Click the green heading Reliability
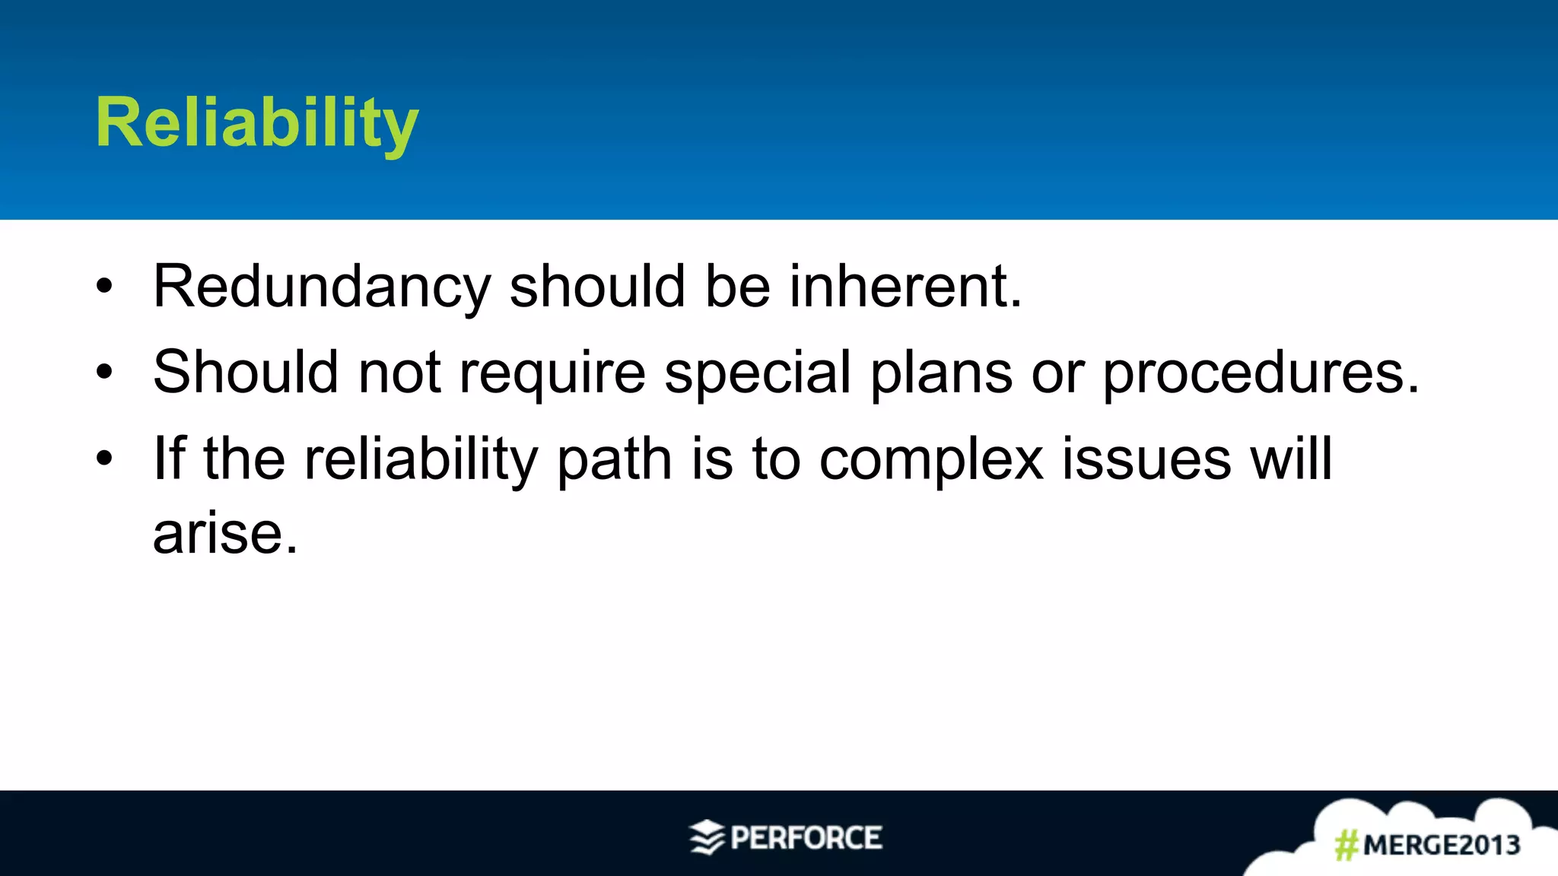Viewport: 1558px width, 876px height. click(256, 123)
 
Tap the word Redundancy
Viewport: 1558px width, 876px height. click(322, 287)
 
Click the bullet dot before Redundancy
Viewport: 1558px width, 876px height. click(104, 287)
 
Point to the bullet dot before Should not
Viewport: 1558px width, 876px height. click(104, 373)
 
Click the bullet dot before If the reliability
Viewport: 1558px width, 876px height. click(104, 459)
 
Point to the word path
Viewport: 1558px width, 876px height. click(614, 460)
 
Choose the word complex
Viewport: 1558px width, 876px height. click(931, 460)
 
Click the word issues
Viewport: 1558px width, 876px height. click(1146, 459)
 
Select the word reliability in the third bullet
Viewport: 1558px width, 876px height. click(421, 460)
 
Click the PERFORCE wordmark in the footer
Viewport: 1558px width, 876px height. click(806, 838)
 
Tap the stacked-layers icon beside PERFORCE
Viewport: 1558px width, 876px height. click(707, 837)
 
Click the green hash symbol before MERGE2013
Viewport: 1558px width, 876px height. click(1347, 845)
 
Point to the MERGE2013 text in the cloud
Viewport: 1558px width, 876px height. click(1441, 845)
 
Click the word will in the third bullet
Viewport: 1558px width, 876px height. click(1291, 459)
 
